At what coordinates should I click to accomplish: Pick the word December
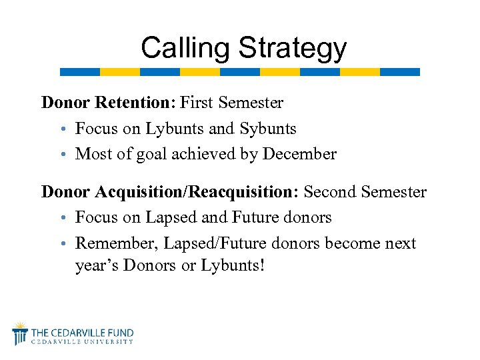click(299, 154)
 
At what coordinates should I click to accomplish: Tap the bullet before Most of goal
click(68, 155)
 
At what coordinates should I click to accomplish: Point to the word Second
click(331, 192)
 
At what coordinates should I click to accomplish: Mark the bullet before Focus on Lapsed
click(68, 218)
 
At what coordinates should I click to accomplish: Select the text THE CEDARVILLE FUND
click(83, 332)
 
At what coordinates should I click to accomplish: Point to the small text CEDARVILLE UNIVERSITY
click(83, 341)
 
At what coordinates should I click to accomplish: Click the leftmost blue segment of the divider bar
click(80, 72)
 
